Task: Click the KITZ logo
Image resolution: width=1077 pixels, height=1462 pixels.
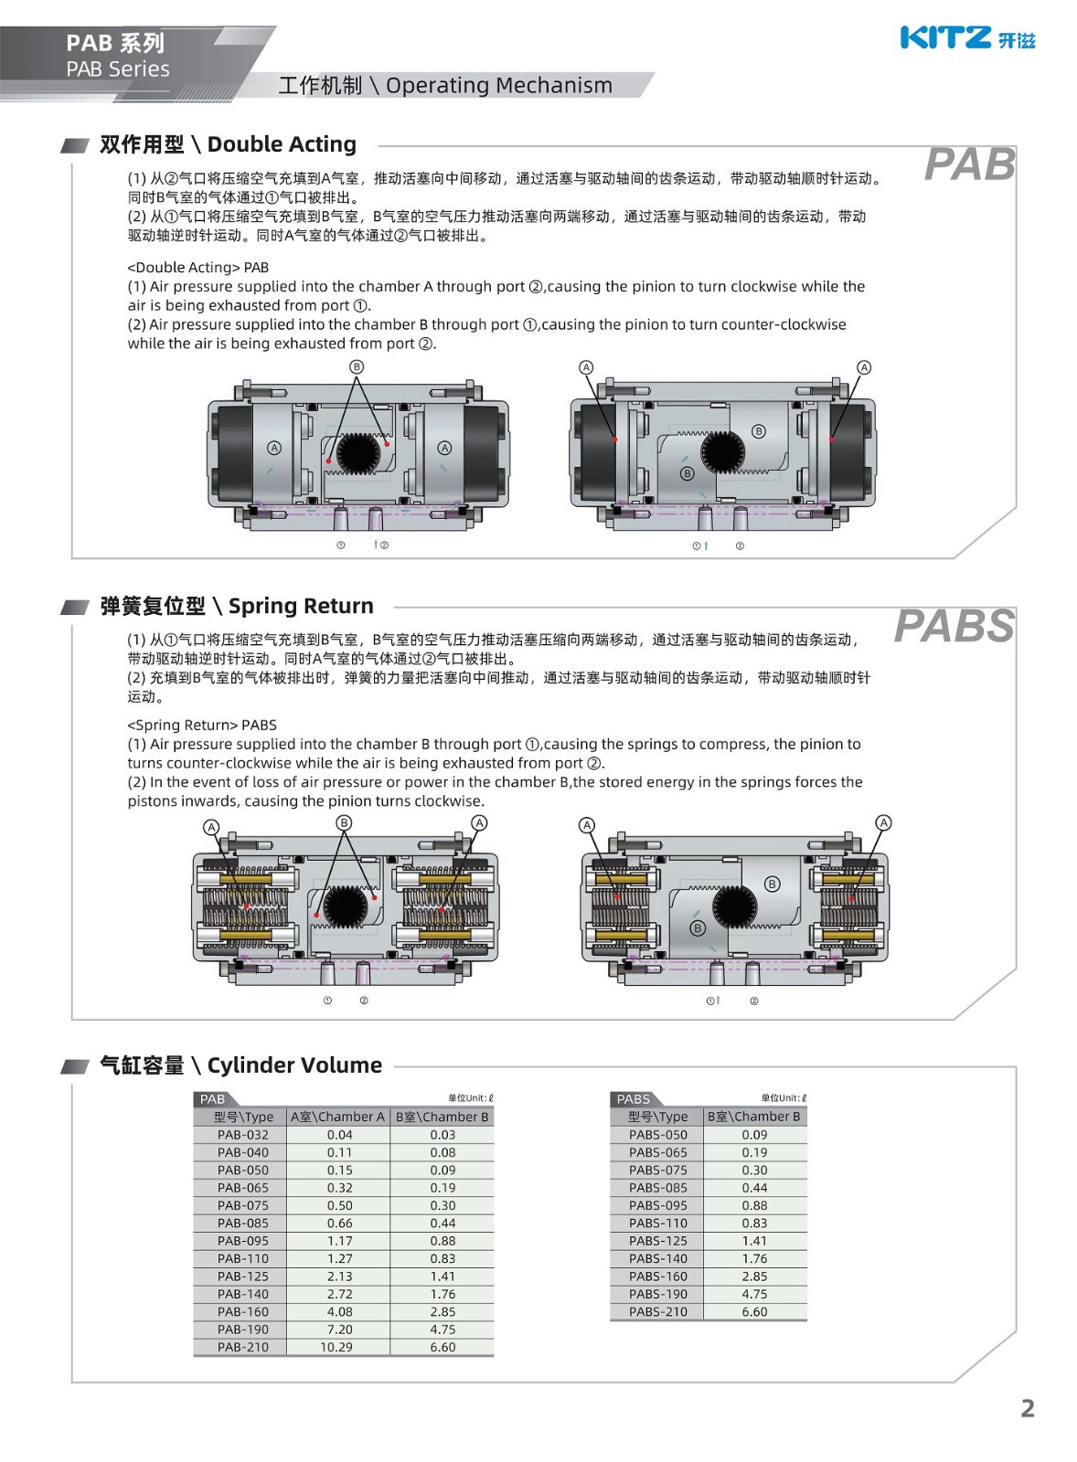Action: [966, 37]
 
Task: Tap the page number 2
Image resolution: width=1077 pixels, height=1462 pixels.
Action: [1027, 1408]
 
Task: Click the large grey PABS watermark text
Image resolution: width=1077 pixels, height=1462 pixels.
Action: [954, 627]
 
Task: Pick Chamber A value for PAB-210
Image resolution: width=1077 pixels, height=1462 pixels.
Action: [336, 1347]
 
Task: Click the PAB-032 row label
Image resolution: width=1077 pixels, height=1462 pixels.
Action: [242, 1135]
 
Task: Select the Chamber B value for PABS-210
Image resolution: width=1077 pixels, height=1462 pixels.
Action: [754, 1311]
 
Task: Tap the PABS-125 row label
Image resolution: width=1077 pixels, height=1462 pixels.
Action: [657, 1241]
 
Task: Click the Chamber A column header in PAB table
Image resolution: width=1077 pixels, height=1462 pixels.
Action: [337, 1117]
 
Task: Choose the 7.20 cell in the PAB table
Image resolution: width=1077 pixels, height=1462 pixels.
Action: [339, 1330]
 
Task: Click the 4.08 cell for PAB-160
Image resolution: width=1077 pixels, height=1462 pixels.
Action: [339, 1311]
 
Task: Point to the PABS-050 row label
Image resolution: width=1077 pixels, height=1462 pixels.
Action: [657, 1135]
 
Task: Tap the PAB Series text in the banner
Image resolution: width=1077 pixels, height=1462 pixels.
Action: [118, 69]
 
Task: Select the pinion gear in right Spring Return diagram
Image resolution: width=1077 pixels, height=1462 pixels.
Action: [734, 906]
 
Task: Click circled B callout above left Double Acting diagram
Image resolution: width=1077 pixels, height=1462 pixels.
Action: [357, 366]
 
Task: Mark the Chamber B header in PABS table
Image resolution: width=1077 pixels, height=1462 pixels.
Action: [753, 1117]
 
